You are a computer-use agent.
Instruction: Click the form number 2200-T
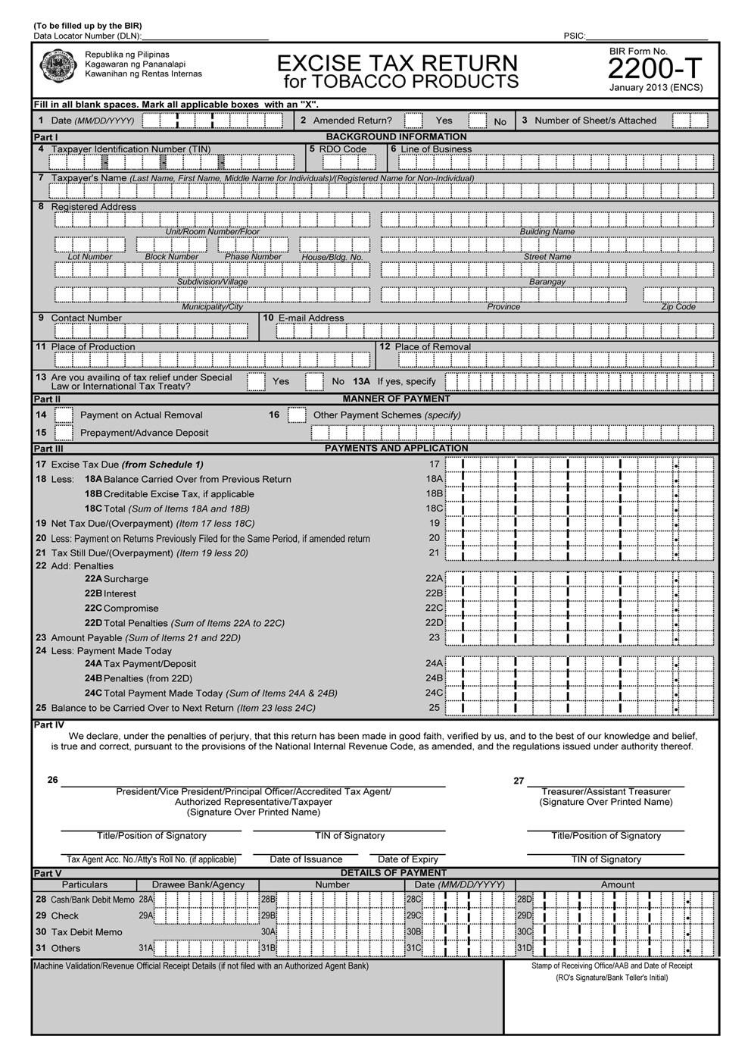click(x=656, y=70)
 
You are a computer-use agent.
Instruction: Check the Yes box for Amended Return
click(x=413, y=120)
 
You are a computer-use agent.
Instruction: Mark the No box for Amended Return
click(x=477, y=120)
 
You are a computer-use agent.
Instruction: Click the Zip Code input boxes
click(x=678, y=295)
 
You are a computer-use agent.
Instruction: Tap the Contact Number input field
click(x=151, y=331)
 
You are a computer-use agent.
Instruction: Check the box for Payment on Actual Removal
click(x=64, y=415)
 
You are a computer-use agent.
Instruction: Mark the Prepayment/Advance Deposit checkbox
click(x=64, y=433)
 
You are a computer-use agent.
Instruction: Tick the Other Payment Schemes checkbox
click(x=298, y=415)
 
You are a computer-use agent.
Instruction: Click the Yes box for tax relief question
click(x=256, y=381)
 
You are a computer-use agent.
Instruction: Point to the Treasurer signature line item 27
click(x=606, y=785)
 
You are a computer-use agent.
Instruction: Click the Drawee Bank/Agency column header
click(x=198, y=884)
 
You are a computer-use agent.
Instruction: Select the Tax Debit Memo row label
click(x=86, y=932)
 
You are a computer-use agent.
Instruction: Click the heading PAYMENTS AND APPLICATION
click(x=396, y=448)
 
